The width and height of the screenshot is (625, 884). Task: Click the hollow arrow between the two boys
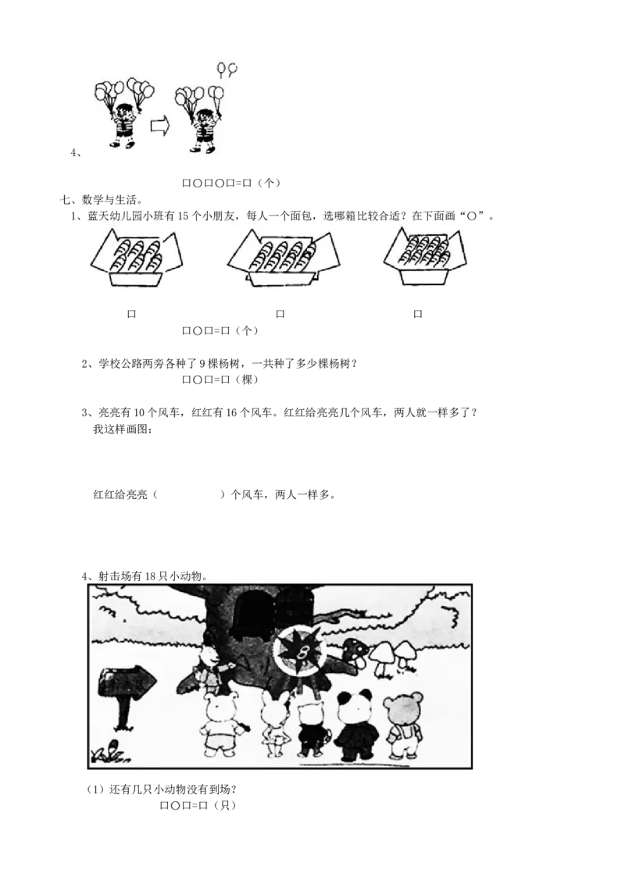tap(159, 127)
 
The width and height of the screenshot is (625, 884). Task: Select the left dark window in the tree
tap(253, 612)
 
